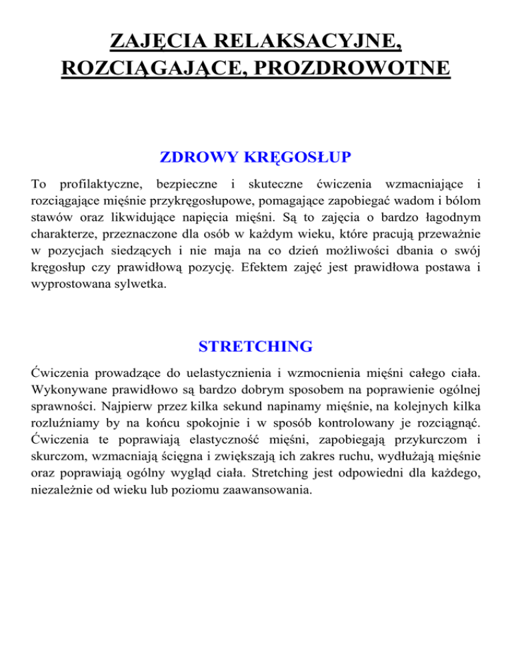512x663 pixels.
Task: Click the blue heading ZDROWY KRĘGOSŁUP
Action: coord(256,159)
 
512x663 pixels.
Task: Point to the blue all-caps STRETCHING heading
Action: coord(256,347)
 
